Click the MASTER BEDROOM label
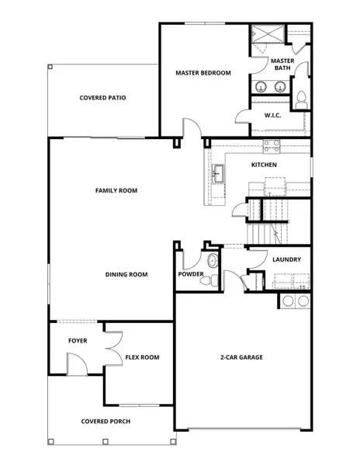coord(204,73)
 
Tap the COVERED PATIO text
coord(102,98)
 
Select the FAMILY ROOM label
coord(116,190)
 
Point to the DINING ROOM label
coord(126,274)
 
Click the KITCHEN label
coord(264,165)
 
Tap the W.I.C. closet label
coord(272,116)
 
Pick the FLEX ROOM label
coord(142,357)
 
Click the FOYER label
coord(78,340)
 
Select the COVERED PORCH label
coord(106,422)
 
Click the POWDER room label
coord(191,274)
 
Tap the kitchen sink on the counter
coord(220,172)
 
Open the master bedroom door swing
coord(188,128)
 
